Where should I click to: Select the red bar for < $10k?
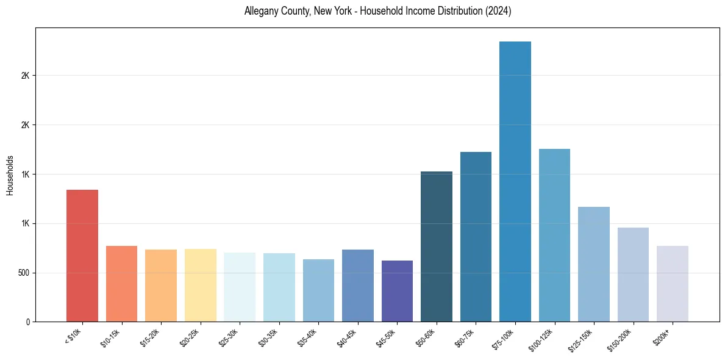tap(82, 256)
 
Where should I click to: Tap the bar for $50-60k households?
tap(437, 247)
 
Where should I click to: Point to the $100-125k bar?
tap(554, 236)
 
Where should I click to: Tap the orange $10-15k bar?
tap(122, 284)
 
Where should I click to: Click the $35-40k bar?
tap(318, 290)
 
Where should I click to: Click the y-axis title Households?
tap(10, 175)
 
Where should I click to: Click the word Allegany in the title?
tap(260, 11)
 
